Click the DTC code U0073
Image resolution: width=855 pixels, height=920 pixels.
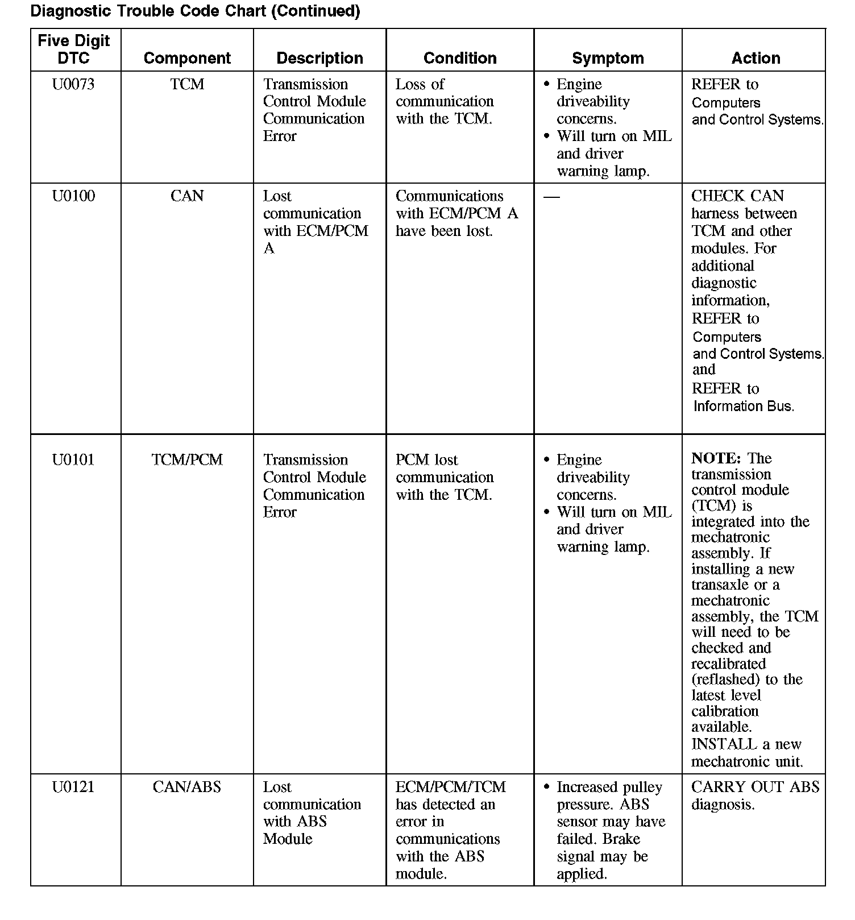tap(73, 85)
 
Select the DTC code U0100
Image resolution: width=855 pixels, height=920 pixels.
tap(73, 196)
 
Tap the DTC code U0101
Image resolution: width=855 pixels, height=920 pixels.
tap(73, 459)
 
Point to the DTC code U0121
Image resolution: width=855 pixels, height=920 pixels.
tap(73, 787)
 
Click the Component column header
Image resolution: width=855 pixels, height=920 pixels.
tap(187, 58)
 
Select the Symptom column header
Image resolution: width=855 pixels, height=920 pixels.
tap(608, 58)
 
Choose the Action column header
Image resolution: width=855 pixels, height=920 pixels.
tap(756, 58)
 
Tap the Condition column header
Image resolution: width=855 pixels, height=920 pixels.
tap(460, 58)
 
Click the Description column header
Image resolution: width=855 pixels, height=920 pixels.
tap(319, 58)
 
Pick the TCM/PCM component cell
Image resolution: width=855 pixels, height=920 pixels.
tap(187, 459)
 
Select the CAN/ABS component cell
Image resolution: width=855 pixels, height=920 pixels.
tap(187, 787)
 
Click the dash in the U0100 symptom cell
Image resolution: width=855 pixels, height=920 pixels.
tap(551, 197)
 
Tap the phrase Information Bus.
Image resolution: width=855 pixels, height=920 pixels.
tap(744, 406)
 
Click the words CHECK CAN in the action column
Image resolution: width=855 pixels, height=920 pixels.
tap(737, 196)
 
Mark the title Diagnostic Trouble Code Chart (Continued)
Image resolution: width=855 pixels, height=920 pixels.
tap(195, 11)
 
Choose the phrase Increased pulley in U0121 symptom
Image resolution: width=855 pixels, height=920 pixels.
tap(609, 787)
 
